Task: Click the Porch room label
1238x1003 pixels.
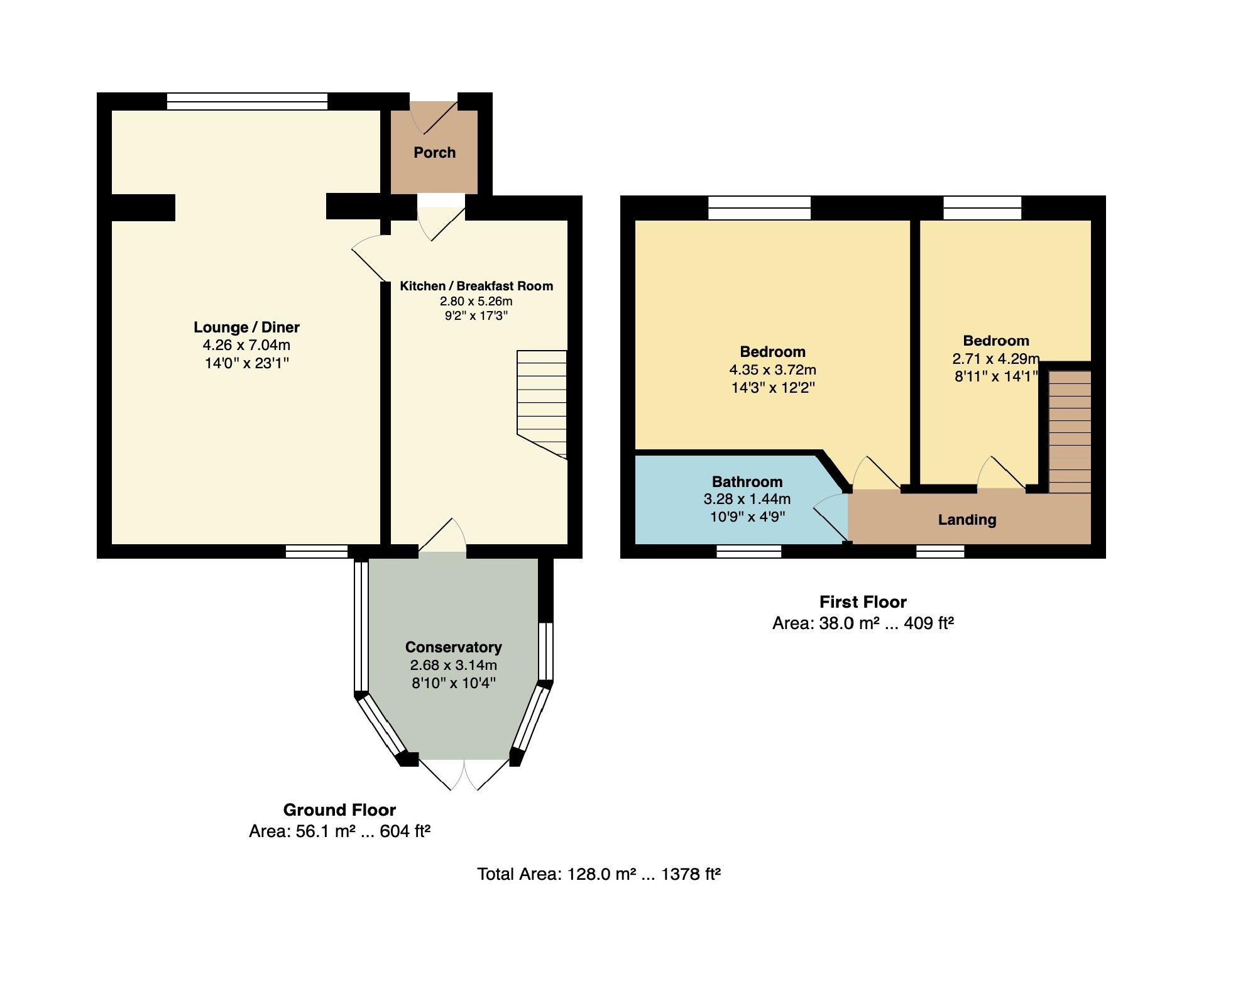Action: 434,152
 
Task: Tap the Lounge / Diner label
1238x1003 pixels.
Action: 246,327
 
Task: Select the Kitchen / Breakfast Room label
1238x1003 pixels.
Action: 476,286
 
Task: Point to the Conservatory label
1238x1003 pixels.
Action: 453,647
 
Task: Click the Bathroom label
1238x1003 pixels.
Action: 747,481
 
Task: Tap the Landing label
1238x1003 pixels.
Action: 967,520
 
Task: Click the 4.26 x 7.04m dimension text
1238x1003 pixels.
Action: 246,344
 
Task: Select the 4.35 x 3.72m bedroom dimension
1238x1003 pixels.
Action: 772,370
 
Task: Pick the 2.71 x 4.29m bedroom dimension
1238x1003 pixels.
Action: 996,358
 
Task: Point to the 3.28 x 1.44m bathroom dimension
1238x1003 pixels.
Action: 747,499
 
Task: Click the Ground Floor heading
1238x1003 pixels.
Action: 339,809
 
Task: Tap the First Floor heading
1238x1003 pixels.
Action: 863,602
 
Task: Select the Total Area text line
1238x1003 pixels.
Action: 599,874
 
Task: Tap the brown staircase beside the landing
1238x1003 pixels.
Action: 1070,431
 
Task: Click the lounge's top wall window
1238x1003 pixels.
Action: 247,101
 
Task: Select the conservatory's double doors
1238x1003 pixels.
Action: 464,774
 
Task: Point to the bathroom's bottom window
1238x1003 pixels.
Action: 749,551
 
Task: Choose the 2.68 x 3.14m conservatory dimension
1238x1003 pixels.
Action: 453,665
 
